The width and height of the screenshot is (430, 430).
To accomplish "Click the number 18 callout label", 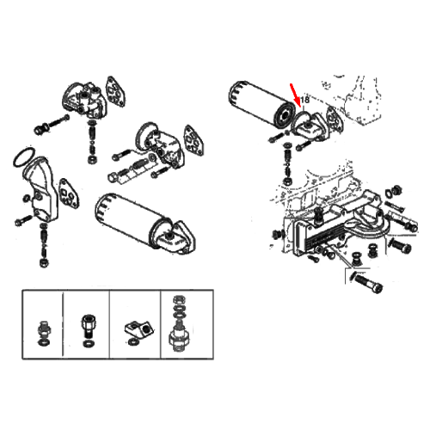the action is coord(305,100).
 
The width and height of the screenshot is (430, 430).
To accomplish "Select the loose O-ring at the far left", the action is coord(24,157).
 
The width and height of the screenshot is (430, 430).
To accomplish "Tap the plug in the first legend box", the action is coord(43,333).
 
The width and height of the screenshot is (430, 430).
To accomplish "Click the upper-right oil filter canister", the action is coord(262,105).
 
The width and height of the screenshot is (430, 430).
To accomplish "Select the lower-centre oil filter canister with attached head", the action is coord(144,224).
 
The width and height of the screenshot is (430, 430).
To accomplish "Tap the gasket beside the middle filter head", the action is coord(195,140).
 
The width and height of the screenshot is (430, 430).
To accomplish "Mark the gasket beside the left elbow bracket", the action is coord(69,194).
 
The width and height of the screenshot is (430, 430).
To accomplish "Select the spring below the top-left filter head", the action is coord(92,137).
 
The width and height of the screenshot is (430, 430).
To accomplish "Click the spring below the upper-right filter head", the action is coord(287,161).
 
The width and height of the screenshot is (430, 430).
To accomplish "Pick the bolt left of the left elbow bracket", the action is coord(23,220).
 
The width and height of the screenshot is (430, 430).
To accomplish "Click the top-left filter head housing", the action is coord(85,99).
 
